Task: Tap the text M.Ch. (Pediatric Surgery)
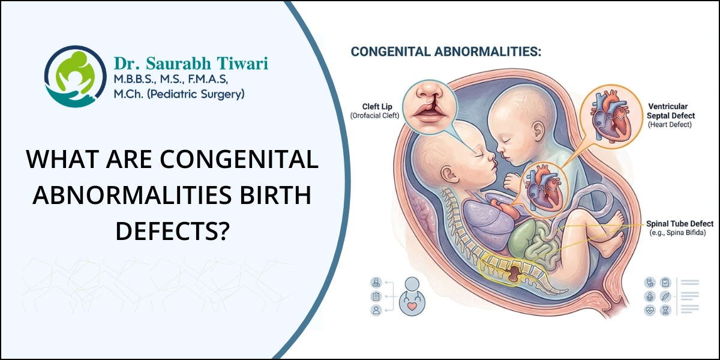(179, 94)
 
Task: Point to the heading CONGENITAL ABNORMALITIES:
(446, 52)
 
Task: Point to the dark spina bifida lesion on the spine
(515, 275)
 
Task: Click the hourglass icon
(665, 310)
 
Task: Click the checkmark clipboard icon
(665, 283)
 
